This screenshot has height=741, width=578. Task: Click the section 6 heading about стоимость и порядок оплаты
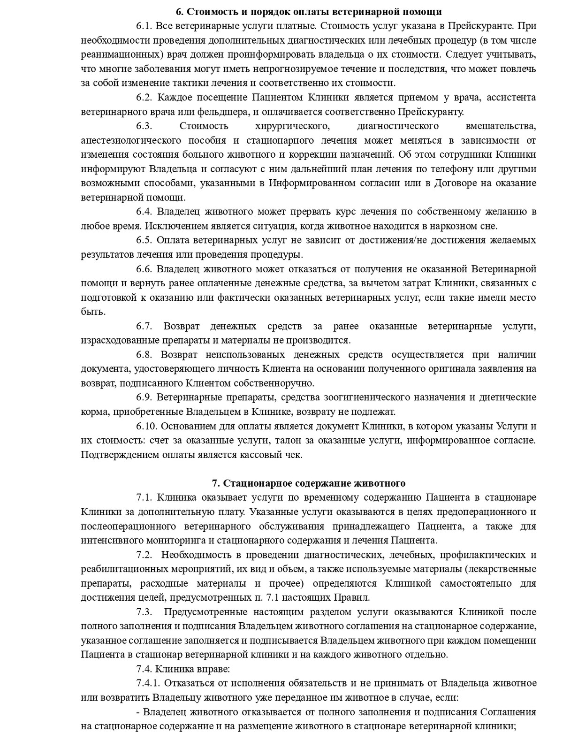[x=309, y=11]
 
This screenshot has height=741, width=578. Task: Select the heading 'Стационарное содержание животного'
[x=309, y=483]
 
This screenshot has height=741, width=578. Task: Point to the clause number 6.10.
[x=147, y=426]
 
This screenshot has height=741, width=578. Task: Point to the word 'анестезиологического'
[x=131, y=140]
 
